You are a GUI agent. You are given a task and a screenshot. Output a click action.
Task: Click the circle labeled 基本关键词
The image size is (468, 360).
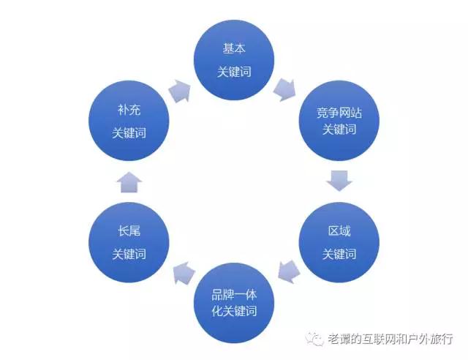click(x=234, y=60)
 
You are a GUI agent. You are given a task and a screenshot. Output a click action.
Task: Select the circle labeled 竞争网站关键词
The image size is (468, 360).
click(x=339, y=121)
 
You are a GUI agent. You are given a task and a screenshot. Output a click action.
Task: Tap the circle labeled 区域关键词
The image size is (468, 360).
click(x=339, y=242)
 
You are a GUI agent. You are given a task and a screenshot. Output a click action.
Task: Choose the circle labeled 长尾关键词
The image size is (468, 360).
click(x=129, y=242)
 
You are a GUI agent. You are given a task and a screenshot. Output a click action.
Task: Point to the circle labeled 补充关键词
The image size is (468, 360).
click(x=129, y=121)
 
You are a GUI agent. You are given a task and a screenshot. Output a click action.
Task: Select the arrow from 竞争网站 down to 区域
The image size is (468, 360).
click(x=339, y=180)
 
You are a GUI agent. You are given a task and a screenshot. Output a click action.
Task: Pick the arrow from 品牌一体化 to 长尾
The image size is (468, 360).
click(x=182, y=273)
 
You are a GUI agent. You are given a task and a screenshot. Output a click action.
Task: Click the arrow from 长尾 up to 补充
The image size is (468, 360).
click(x=129, y=181)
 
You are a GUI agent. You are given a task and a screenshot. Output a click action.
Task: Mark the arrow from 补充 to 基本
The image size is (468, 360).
click(x=180, y=90)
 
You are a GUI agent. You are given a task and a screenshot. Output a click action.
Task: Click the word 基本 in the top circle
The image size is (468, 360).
click(x=234, y=49)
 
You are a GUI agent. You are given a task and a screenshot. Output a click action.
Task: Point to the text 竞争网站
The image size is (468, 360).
click(x=339, y=113)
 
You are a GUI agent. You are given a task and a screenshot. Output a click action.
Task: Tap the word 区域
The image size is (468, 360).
click(x=339, y=231)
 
